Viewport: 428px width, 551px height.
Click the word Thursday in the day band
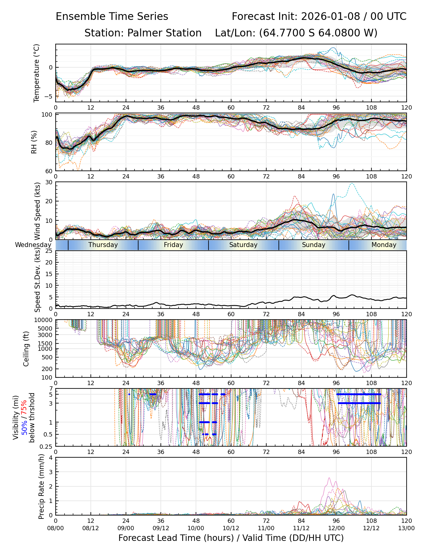click(103, 245)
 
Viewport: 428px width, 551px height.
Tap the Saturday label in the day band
click(243, 245)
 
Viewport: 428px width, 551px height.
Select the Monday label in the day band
click(384, 245)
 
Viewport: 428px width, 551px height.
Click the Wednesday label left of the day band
click(33, 245)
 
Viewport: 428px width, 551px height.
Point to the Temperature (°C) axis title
click(37, 73)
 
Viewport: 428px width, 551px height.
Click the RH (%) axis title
click(34, 142)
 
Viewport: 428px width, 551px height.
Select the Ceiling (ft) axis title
click(26, 349)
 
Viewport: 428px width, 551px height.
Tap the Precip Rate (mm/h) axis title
click(41, 486)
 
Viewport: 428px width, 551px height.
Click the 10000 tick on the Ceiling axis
click(45, 320)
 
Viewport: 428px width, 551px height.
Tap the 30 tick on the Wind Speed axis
click(49, 182)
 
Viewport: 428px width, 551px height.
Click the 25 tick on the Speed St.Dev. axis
click(49, 251)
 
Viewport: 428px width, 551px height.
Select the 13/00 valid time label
click(406, 528)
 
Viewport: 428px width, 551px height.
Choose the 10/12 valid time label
click(231, 528)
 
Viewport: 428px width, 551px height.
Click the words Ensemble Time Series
click(112, 17)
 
